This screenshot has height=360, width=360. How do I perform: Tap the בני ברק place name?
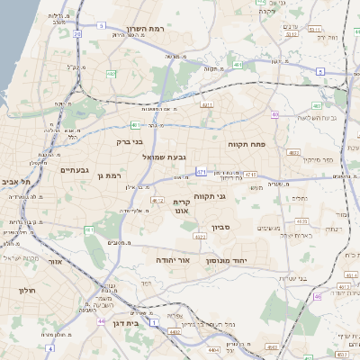pyautogui.click(x=130, y=140)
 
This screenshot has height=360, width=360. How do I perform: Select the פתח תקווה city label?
pyautogui.click(x=246, y=142)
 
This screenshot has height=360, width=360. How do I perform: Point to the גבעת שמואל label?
pyautogui.click(x=165, y=156)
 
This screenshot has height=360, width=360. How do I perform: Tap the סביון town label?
pyautogui.click(x=221, y=227)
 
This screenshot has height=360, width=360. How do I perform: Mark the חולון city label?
pyautogui.click(x=26, y=291)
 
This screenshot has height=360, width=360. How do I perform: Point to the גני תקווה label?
pyautogui.click(x=234, y=195)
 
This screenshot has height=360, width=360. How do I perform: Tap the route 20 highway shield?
pyautogui.click(x=77, y=34)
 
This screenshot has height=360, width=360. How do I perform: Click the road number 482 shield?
pyautogui.click(x=111, y=74)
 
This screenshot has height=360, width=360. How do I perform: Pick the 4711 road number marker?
pyautogui.click(x=249, y=174)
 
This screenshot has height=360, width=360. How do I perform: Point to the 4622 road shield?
pyautogui.click(x=199, y=236)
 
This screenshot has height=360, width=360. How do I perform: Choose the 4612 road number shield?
pyautogui.click(x=158, y=200)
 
